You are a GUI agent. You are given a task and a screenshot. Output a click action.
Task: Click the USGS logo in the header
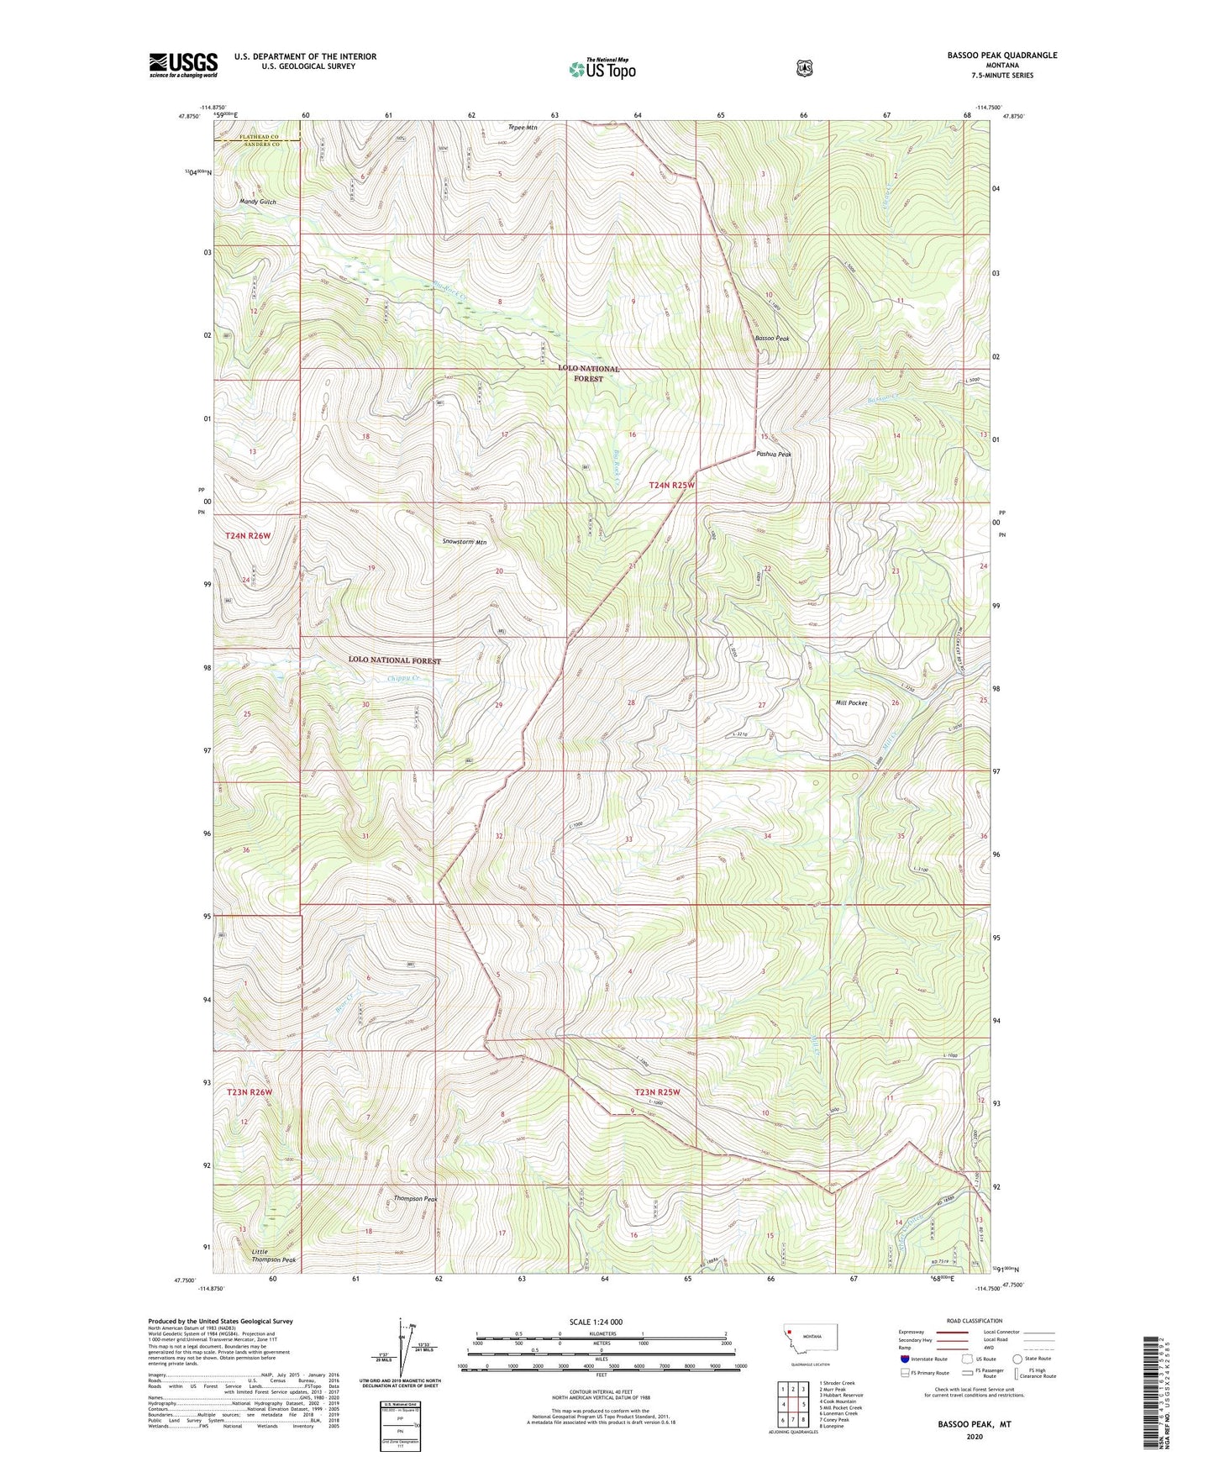tap(183, 65)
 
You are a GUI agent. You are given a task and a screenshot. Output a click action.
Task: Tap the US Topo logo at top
tap(602, 69)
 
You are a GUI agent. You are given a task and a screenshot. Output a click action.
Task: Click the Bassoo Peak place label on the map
tap(772, 339)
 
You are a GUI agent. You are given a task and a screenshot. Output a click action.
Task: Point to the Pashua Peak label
tap(774, 454)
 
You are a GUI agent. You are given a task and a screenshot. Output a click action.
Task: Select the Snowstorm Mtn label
tap(465, 542)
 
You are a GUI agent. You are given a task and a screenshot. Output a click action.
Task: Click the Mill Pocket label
tap(851, 702)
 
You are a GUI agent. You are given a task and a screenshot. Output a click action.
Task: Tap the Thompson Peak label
tap(416, 1198)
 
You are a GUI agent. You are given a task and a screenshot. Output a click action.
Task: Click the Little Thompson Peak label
tap(274, 1255)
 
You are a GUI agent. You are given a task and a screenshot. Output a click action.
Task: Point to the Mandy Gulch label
tap(257, 202)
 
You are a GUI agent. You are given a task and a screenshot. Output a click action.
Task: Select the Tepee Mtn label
tap(523, 128)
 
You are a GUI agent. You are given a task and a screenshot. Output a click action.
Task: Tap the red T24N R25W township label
tap(672, 485)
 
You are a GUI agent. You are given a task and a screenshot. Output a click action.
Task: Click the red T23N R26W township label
tap(250, 1091)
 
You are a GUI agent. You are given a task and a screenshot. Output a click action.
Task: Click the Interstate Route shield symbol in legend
tap(905, 1359)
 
